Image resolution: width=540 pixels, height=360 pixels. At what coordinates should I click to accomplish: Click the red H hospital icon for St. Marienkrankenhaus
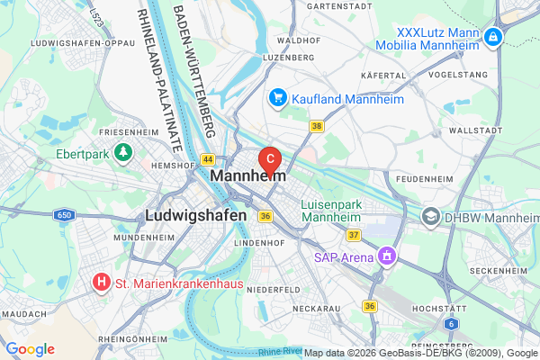103,283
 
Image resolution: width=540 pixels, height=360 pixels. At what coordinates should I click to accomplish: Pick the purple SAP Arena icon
387,256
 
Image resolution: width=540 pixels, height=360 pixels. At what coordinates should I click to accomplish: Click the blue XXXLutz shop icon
492,37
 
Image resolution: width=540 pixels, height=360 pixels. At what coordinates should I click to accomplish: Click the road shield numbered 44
207,158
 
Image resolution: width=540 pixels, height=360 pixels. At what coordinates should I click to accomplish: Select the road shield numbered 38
316,127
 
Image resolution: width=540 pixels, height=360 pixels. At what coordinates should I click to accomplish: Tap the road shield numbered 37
354,235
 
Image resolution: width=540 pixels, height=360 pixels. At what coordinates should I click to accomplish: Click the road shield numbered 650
63,214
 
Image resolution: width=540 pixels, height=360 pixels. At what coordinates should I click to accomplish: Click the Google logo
31,349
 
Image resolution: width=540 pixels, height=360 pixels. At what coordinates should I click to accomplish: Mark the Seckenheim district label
497,271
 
